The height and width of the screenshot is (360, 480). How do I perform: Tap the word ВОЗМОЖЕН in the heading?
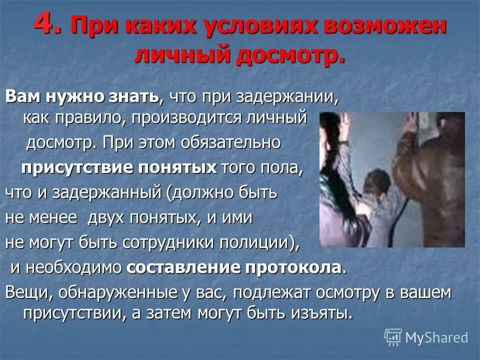(x=377, y=26)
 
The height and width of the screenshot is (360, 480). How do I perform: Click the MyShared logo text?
(x=436, y=337)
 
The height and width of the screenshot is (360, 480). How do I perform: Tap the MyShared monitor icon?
(x=393, y=337)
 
